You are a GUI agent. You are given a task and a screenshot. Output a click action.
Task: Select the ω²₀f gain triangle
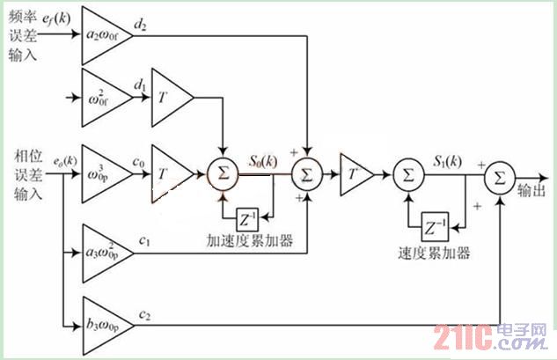pyautogui.click(x=103, y=96)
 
